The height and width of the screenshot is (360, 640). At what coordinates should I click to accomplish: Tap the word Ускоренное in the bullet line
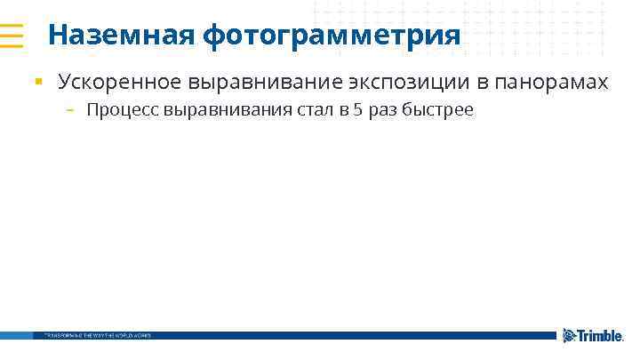click(120, 83)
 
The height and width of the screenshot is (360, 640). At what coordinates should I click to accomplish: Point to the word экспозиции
click(394, 84)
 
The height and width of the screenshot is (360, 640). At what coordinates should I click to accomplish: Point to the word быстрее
click(438, 110)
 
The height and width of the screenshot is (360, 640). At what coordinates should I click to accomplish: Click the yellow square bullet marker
click(38, 83)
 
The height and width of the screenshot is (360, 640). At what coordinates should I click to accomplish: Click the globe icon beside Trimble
click(569, 335)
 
